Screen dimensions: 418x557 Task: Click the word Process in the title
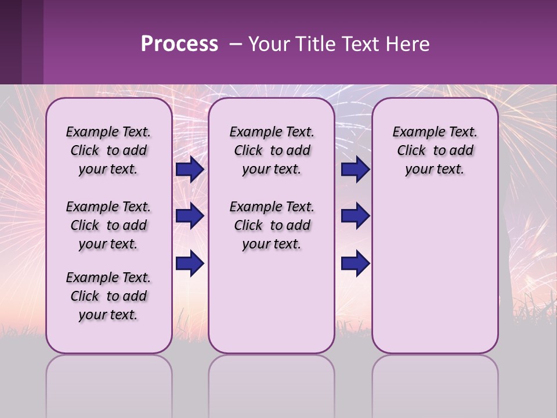179,45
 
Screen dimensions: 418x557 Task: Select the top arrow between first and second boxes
190,169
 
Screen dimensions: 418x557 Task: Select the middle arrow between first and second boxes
190,216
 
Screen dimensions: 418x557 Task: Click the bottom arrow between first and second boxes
190,264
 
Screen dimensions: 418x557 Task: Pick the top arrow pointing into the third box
355,169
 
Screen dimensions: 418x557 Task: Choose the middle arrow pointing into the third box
355,216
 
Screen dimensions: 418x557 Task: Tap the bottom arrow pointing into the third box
355,264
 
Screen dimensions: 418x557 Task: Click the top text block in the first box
108,150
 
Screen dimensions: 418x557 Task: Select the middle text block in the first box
108,225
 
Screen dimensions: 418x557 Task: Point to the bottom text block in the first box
108,296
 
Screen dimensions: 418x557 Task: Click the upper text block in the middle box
272,150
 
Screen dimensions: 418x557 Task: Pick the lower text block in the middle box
272,225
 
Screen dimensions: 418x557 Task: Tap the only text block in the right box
435,150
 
